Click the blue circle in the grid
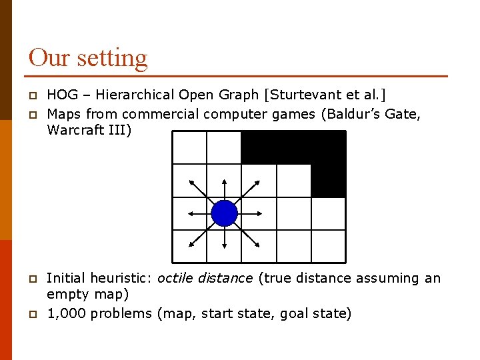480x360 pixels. tap(224, 213)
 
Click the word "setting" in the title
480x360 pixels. tap(112, 57)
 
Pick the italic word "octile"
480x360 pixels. tap(178, 277)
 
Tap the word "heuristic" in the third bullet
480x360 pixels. tap(119, 277)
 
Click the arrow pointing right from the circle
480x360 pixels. tap(250, 213)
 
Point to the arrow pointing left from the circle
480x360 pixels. tap(198, 213)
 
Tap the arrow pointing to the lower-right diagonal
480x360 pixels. tap(250, 239)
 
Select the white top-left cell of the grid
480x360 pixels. tap(189, 147)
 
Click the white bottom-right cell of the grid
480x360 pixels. tap(328, 246)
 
